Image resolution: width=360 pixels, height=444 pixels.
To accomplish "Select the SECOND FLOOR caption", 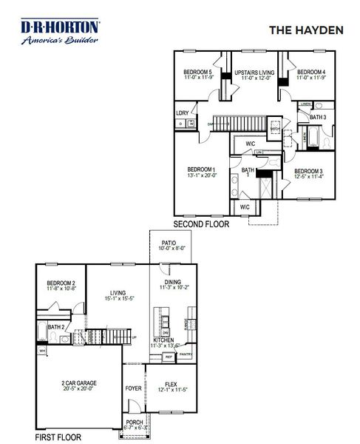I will [200, 223].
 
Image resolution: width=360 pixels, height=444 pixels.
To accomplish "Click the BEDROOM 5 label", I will [198, 73].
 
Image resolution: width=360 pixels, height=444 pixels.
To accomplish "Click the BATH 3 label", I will [318, 118].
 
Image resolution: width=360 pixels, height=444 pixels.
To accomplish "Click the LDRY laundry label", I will [183, 112].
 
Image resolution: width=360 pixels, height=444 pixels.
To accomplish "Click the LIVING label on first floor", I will [120, 293].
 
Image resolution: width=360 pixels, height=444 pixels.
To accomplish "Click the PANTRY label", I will [186, 354].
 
